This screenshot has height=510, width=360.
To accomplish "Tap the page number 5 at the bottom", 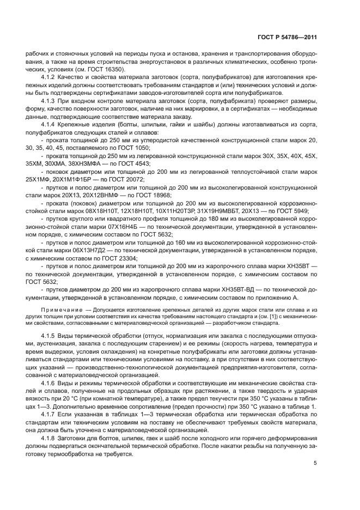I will pos(315,464).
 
